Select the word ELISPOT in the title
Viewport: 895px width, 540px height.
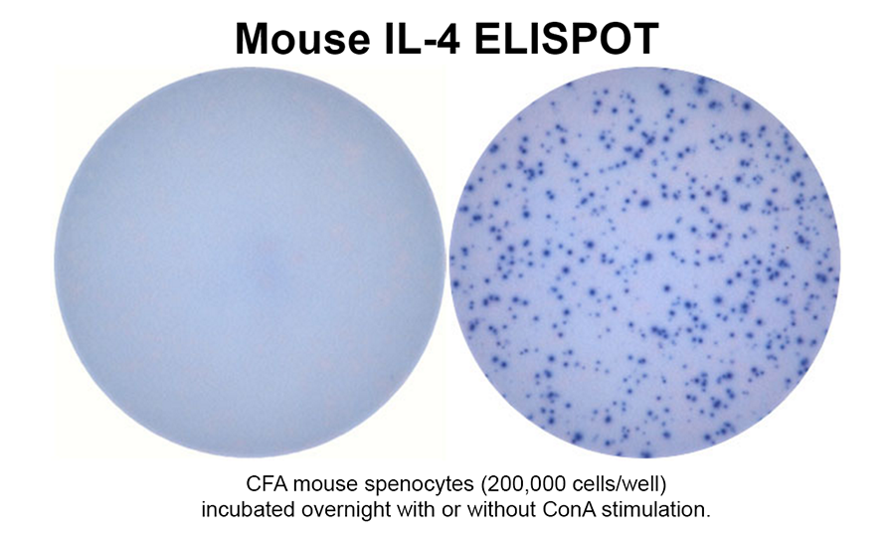click(x=568, y=38)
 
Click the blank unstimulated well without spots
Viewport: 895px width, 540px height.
click(x=250, y=262)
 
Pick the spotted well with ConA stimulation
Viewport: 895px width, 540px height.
click(x=645, y=262)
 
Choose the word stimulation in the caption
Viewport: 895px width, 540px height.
click(x=651, y=509)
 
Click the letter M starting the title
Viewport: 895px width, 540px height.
click(x=252, y=38)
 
